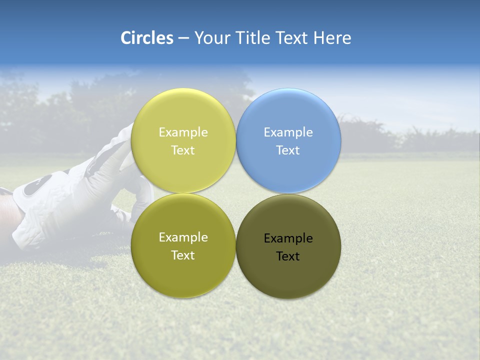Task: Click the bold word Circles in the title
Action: (146, 38)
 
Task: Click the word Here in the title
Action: (332, 38)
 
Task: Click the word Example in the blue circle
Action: (288, 132)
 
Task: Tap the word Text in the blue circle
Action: (288, 150)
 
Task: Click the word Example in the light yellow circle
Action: (183, 132)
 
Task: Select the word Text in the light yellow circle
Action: (183, 150)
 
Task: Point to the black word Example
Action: (288, 238)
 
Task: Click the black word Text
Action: (288, 256)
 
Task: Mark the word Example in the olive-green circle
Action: (183, 237)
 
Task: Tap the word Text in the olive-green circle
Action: (183, 255)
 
